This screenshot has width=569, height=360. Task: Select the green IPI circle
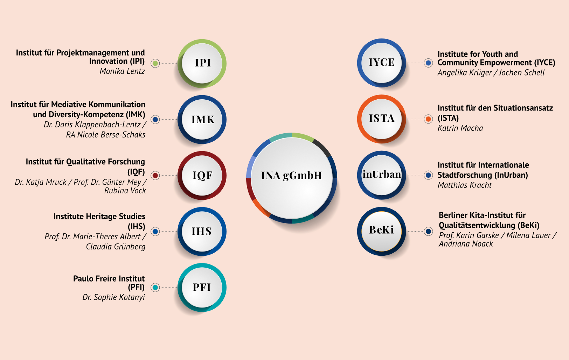pyautogui.click(x=202, y=63)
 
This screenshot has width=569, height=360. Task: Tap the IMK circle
pyautogui.click(x=202, y=119)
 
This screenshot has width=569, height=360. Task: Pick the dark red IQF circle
pyautogui.click(x=202, y=175)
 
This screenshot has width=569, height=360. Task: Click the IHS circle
pyautogui.click(x=202, y=231)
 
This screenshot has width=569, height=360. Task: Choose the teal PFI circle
pyautogui.click(x=202, y=287)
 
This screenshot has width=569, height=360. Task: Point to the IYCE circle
pyautogui.click(x=381, y=63)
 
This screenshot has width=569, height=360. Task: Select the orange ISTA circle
pyautogui.click(x=381, y=119)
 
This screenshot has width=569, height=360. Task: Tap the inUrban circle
pyautogui.click(x=381, y=175)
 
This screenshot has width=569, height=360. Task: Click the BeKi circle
pyautogui.click(x=381, y=231)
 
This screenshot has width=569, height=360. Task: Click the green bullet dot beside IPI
pyautogui.click(x=155, y=63)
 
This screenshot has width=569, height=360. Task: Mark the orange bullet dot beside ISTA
pyautogui.click(x=428, y=119)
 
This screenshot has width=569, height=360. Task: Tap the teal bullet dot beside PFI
pyautogui.click(x=155, y=288)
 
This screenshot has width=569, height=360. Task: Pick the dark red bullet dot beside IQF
pyautogui.click(x=155, y=175)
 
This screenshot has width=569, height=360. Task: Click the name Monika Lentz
pyautogui.click(x=122, y=71)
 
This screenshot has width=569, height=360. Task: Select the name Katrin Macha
pyautogui.click(x=460, y=128)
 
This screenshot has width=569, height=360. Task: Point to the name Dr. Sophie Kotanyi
pyautogui.click(x=113, y=297)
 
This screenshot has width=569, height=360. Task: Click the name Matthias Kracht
pyautogui.click(x=465, y=185)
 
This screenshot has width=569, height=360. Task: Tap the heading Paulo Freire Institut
pyautogui.click(x=109, y=279)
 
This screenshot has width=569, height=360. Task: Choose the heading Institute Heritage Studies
pyautogui.click(x=99, y=217)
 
